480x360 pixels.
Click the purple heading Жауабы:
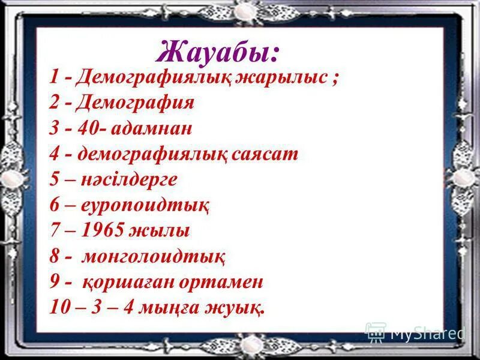(x=218, y=52)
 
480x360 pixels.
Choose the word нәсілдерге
(x=129, y=179)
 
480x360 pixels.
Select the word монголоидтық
(x=153, y=256)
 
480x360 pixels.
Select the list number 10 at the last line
(x=61, y=308)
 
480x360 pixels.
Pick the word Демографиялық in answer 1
(x=154, y=77)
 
